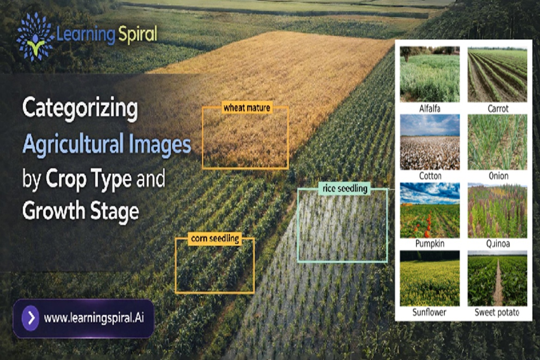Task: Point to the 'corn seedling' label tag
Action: coord(215,239)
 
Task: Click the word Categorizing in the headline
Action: coord(79,110)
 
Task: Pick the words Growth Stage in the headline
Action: coord(80,211)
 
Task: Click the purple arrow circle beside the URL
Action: coord(30,318)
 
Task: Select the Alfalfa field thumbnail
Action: coord(429,74)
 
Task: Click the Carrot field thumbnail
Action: coord(497,74)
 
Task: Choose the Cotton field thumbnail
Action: coord(429,142)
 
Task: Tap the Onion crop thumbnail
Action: coord(497,142)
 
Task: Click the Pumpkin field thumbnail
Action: coord(429,210)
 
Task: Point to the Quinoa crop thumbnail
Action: coord(497,210)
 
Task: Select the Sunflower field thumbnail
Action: coord(429,278)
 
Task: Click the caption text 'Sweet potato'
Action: coord(497,312)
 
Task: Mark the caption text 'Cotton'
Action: coord(430,176)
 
